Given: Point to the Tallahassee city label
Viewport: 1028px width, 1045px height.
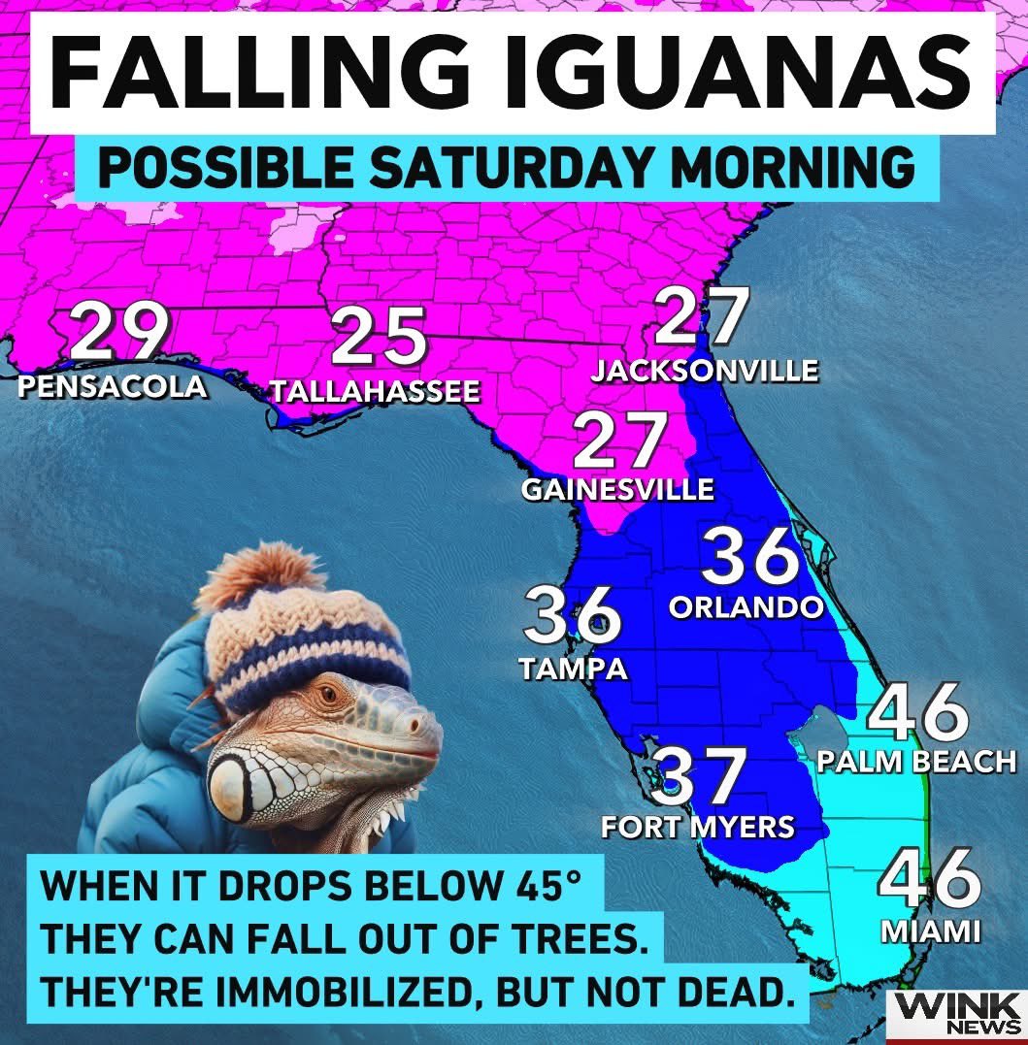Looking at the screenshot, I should (375, 392).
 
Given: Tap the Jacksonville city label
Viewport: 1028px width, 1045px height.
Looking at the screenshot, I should (706, 371).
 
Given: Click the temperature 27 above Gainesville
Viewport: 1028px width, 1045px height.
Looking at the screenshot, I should (621, 442).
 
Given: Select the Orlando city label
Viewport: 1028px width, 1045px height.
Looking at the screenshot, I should (746, 607).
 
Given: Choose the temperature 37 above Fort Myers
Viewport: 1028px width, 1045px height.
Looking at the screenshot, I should (698, 778).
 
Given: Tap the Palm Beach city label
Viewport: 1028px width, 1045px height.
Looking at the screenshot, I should (915, 762).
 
